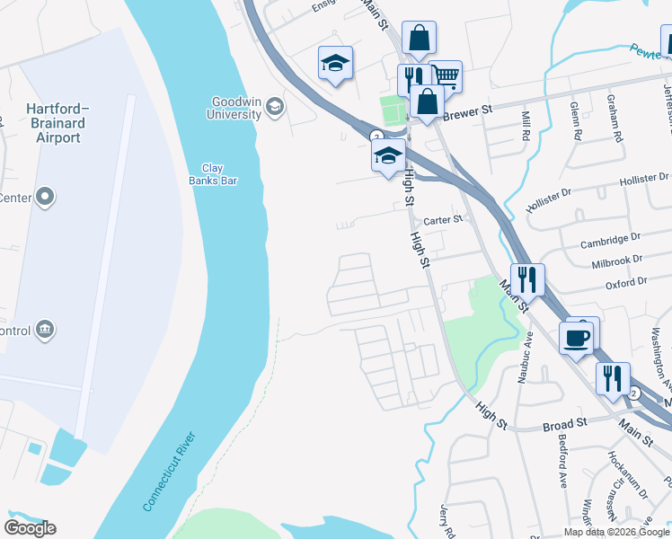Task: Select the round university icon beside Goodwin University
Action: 275,109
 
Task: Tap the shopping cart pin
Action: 446,77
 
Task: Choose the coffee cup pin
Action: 576,338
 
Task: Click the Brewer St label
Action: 469,112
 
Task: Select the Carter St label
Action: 443,218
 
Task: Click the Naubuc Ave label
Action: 526,357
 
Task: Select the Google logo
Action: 30,528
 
